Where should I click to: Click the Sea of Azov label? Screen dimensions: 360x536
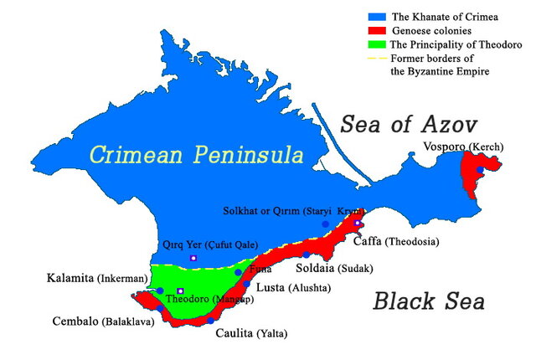(409, 125)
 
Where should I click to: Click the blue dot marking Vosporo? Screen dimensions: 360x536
(480, 170)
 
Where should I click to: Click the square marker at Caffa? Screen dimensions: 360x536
(358, 224)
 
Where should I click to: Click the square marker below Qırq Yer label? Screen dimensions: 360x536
(193, 259)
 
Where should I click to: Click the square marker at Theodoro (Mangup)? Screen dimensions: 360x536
(180, 291)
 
